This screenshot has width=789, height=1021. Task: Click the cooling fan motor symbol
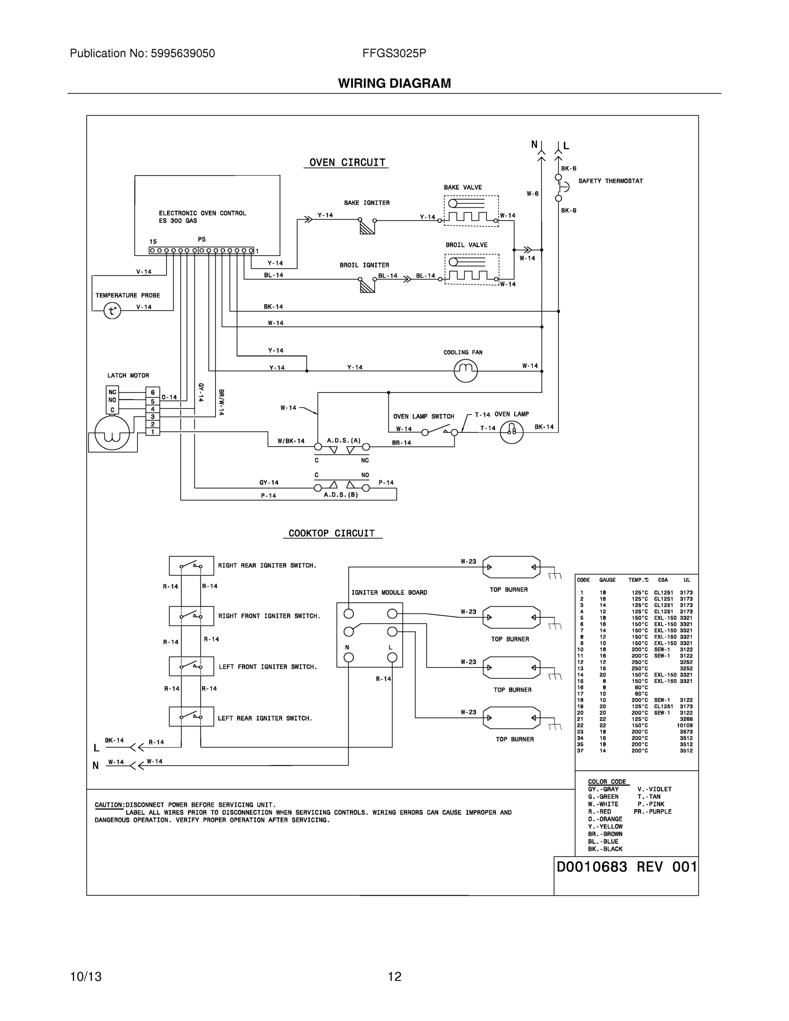coord(466,371)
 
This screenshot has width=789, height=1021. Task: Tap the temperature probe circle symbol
coord(112,311)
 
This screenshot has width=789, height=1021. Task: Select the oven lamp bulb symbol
coord(511,432)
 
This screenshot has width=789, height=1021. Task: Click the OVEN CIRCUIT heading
coord(347,162)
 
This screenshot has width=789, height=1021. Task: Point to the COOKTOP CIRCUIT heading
coord(331,533)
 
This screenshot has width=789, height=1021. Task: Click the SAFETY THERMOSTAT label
coord(610,181)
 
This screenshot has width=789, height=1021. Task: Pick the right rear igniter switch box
coord(191,566)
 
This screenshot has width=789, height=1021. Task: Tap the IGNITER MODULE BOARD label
coord(389,592)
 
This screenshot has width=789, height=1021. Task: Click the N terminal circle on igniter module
coord(349,658)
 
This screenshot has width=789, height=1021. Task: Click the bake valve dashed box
coord(471,211)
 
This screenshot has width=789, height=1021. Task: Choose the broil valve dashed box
coord(472,269)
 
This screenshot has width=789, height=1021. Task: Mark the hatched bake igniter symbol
coord(367,228)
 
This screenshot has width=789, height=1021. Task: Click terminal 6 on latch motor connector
coord(152,393)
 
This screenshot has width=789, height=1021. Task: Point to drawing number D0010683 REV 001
coord(627,867)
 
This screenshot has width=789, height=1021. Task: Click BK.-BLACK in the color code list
coord(605,849)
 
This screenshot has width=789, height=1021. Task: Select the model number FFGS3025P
coord(394,53)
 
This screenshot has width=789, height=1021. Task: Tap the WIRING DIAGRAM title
coord(394,83)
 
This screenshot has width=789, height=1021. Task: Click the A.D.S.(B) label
coord(341,495)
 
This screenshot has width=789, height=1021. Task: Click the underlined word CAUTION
coord(109,805)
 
